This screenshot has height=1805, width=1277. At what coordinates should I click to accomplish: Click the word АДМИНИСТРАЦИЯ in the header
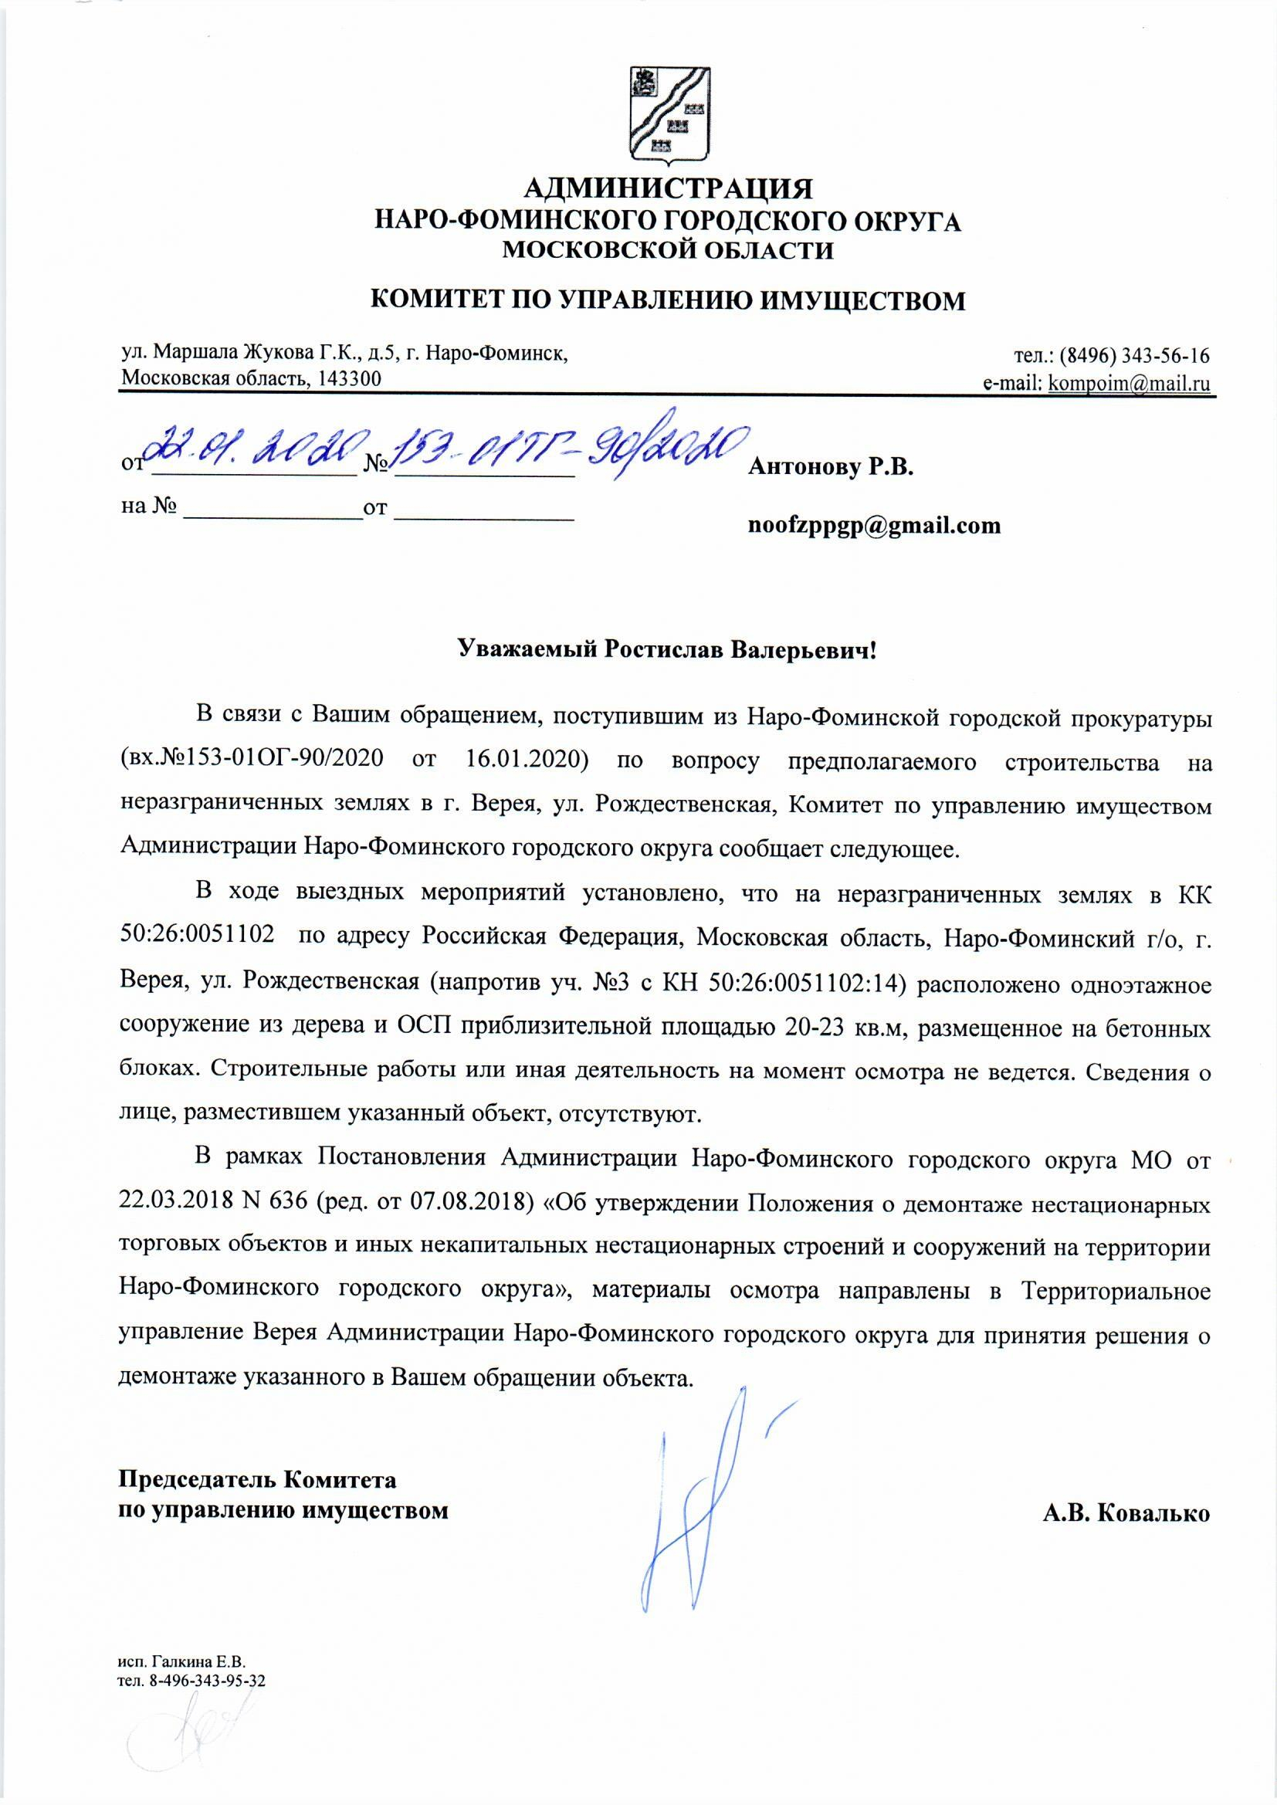pyautogui.click(x=668, y=188)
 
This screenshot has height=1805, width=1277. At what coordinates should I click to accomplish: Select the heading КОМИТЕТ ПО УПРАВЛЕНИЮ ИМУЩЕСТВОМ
pyautogui.click(x=668, y=300)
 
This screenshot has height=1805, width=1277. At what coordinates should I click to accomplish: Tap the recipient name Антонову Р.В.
pyautogui.click(x=831, y=468)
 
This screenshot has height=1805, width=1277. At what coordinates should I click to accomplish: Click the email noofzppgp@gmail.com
pyautogui.click(x=875, y=525)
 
